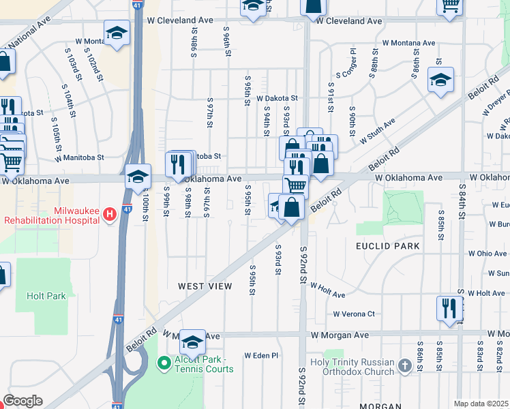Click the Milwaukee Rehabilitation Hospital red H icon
click(108, 215)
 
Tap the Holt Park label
click(46, 296)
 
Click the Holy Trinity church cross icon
click(405, 365)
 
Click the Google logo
click(22, 401)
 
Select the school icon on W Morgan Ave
click(192, 340)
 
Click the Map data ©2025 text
click(481, 404)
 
